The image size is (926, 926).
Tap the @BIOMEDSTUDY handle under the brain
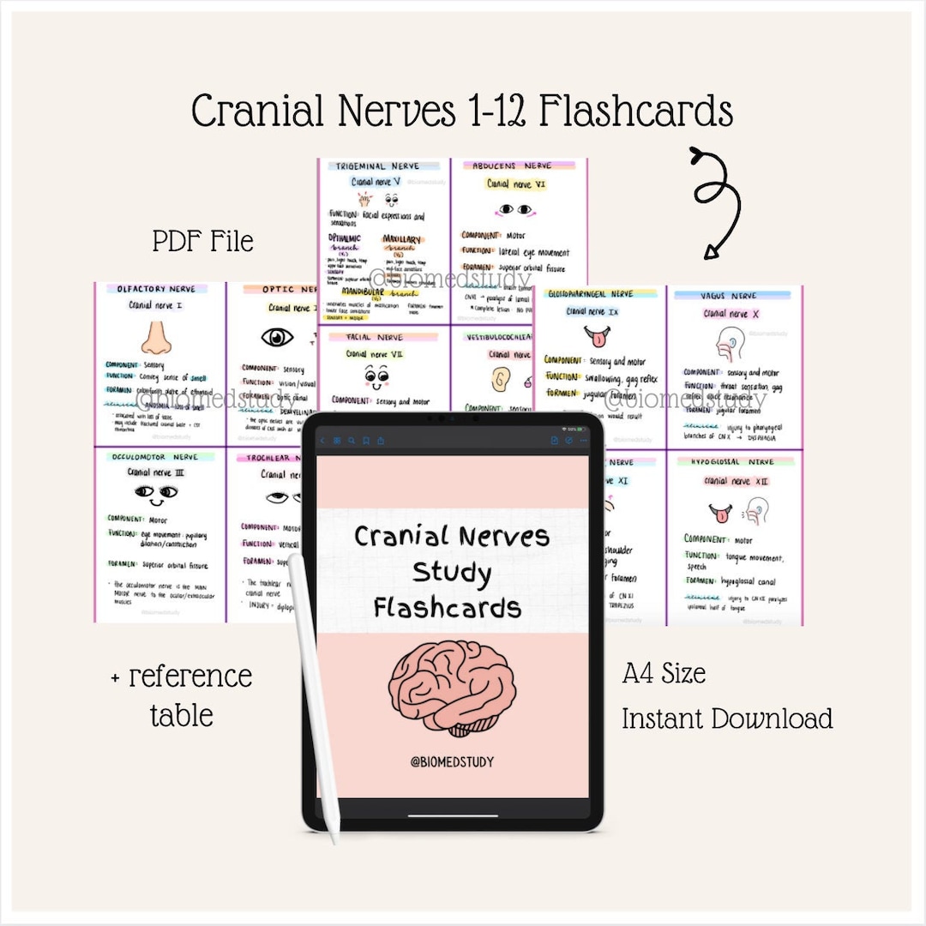coord(452,761)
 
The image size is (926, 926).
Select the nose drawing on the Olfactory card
coord(156,336)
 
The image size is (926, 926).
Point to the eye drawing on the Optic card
coord(277,337)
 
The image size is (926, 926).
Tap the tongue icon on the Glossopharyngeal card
coord(594,334)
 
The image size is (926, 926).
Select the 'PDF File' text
coord(203,242)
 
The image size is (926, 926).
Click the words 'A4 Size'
coord(664,674)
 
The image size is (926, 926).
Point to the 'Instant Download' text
coord(726,718)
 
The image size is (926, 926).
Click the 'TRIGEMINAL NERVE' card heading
coord(377,165)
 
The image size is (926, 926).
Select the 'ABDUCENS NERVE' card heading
coord(512,165)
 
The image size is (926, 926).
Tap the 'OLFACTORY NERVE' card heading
coord(156,290)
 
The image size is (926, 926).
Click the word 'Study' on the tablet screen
coord(451,572)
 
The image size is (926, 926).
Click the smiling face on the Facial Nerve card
coord(377,375)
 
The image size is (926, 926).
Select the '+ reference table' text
coord(181,695)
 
